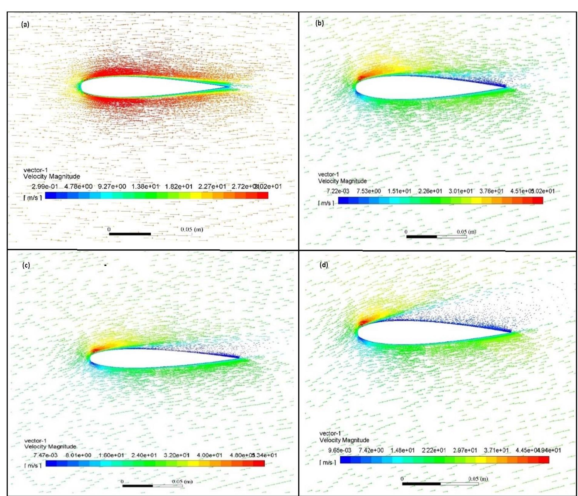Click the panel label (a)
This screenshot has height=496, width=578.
25,24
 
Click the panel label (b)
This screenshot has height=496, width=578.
319,23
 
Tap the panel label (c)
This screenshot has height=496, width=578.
26,265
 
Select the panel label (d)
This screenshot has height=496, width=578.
324,265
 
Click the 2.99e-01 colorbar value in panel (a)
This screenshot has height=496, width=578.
45,186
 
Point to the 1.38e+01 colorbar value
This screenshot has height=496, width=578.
145,186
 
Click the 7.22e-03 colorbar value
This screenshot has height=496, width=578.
338,191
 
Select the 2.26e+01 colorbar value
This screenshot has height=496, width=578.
430,191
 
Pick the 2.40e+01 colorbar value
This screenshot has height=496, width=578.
144,455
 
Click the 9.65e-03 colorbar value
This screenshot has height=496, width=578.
339,450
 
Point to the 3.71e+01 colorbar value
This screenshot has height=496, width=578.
496,450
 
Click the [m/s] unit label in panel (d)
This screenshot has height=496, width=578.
328,462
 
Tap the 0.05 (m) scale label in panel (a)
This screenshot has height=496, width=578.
192,229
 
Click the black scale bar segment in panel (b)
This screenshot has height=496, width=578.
421,237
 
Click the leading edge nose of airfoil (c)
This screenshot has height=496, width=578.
90,357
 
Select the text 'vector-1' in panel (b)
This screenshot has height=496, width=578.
328,174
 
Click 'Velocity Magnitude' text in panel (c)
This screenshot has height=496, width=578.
50,446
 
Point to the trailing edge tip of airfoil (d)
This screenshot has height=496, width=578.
511,331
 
